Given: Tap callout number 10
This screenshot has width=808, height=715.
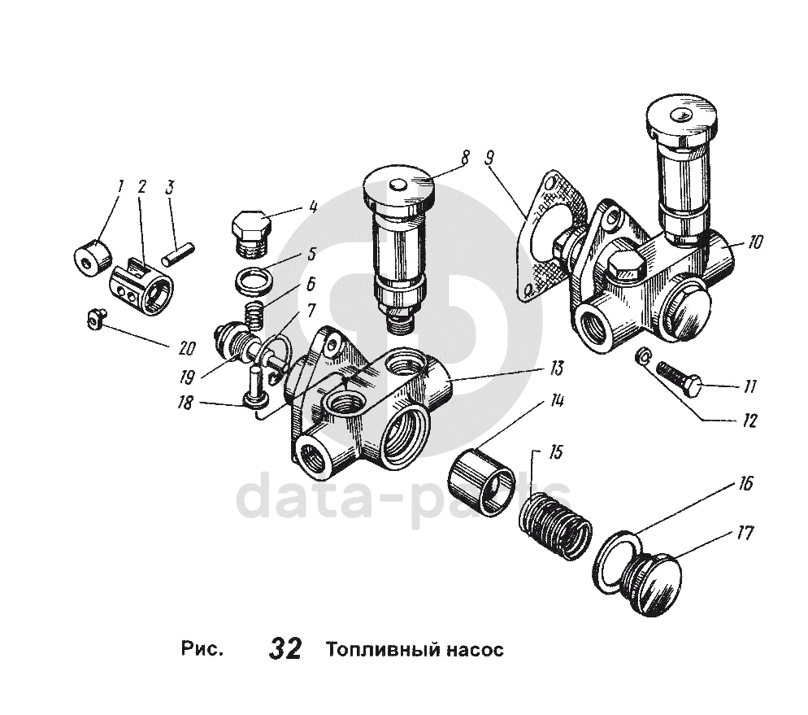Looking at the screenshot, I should click(x=756, y=242).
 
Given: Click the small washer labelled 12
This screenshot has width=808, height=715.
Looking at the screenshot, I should click(x=641, y=355).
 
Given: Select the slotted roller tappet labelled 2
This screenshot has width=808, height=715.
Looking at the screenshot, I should click(x=141, y=286).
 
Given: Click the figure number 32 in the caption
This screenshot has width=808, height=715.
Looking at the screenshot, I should click(x=285, y=649).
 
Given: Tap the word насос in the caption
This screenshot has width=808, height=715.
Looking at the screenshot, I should click(x=476, y=650).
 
